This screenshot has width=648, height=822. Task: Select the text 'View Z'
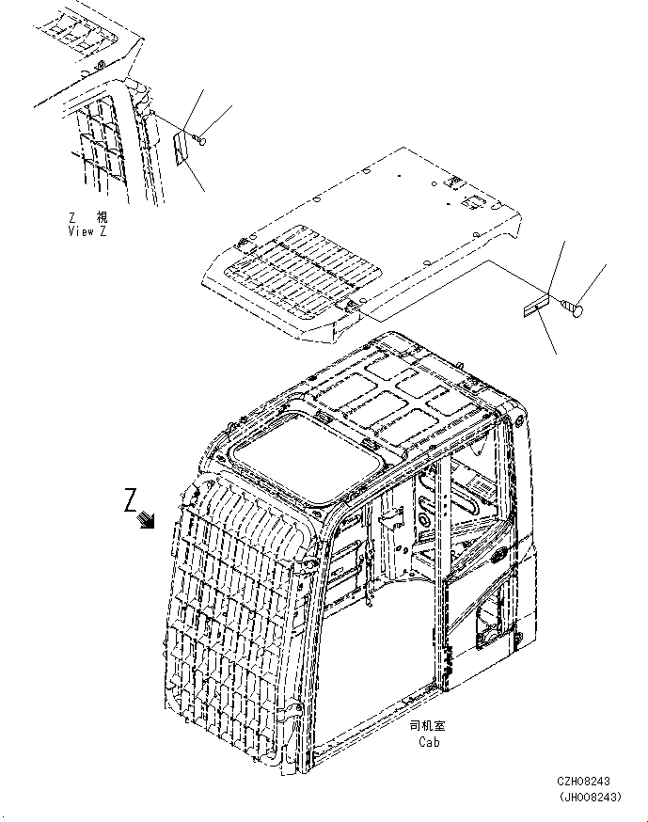pyautogui.click(x=87, y=231)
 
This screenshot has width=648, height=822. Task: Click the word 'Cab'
pyautogui.click(x=429, y=742)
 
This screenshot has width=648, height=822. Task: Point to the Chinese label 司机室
pyautogui.click(x=429, y=727)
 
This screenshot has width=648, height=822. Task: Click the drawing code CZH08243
pyautogui.click(x=582, y=782)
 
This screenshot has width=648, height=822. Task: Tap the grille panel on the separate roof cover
pyautogui.click(x=301, y=269)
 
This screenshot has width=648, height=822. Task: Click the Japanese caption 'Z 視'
pyautogui.click(x=87, y=217)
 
